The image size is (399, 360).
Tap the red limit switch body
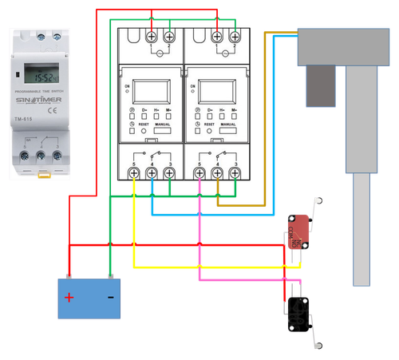pos(298,231)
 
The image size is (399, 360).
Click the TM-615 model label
pos(23,121)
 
